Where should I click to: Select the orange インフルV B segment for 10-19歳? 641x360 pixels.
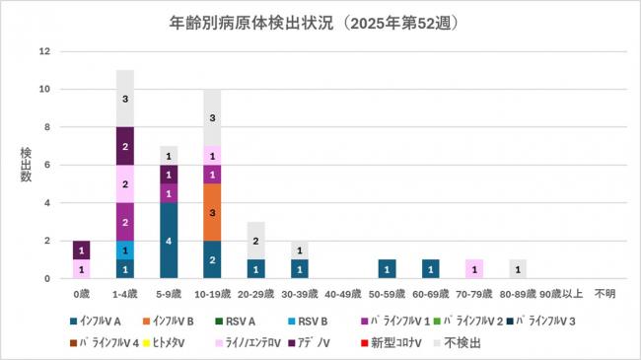(212, 212)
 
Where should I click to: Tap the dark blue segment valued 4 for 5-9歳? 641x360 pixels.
(169, 241)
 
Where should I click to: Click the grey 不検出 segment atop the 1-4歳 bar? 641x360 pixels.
(124, 99)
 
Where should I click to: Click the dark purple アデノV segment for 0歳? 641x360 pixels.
(81, 250)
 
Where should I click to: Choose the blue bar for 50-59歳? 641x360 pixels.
(389, 268)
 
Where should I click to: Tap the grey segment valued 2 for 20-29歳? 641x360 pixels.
(256, 241)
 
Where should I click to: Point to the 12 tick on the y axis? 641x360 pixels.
(44, 51)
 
